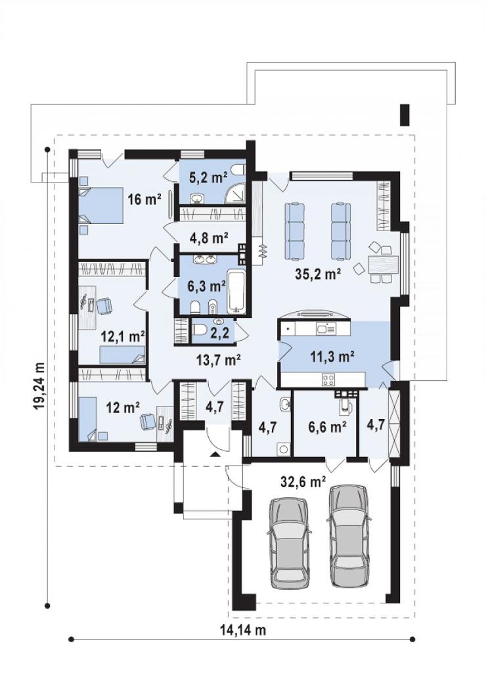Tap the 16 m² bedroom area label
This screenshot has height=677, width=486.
click(x=144, y=199)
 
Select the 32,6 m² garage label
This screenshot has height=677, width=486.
click(x=303, y=481)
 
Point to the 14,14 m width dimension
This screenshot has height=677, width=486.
click(x=243, y=630)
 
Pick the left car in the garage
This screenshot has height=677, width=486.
click(x=290, y=543)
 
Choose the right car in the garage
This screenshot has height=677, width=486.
click(x=349, y=536)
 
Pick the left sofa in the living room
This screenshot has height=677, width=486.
click(x=295, y=231)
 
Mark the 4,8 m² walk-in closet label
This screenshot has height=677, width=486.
click(x=209, y=238)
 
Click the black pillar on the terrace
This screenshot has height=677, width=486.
click(x=405, y=116)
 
